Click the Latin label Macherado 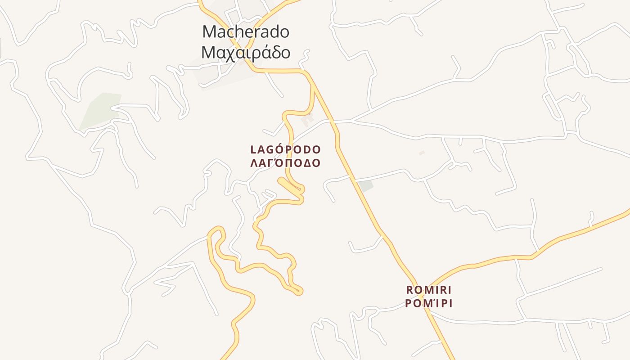pos(245,32)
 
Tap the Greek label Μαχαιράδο pos(245,53)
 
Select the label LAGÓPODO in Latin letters pos(285,149)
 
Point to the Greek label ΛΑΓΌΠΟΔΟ pos(285,163)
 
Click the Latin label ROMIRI pos(428,289)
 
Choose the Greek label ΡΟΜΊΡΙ pos(428,303)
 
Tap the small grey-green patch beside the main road pos(366,185)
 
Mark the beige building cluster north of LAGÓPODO pos(307,119)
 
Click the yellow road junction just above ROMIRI pos(421,295)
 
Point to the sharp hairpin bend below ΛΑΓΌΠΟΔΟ pos(301,191)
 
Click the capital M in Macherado pos(209,32)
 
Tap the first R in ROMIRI pos(409,289)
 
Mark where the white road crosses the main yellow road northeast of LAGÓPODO pos(333,121)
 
